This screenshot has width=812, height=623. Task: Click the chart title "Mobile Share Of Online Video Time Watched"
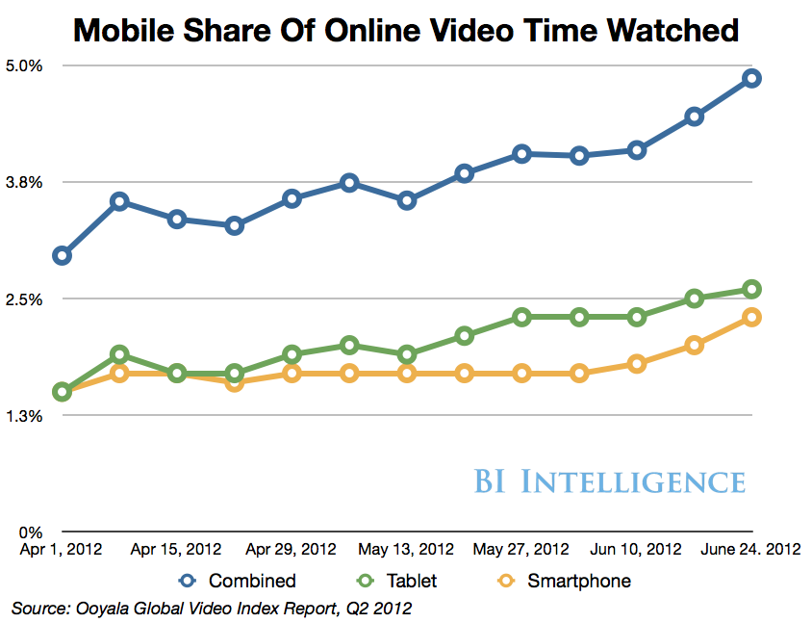point(406,31)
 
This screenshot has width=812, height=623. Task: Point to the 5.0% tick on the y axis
point(26,65)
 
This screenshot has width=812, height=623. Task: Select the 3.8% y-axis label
point(26,182)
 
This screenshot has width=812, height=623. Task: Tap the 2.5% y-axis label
point(26,299)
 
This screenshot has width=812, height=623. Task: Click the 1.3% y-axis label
point(26,415)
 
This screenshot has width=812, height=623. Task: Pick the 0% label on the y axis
point(33,532)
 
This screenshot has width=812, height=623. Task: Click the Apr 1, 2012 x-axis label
point(62,550)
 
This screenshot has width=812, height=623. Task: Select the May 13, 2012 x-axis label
point(406,550)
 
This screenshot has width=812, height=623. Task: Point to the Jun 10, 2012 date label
point(636,550)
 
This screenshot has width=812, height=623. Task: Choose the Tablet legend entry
point(395,581)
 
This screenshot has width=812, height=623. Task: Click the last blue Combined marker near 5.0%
point(751,78)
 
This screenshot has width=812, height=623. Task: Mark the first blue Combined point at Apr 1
point(63,255)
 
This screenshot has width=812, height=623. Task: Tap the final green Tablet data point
point(751,289)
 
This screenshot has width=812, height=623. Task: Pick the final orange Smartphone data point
point(751,317)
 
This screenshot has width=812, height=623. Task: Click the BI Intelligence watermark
point(609,481)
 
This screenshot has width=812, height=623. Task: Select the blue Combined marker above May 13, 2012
point(407,200)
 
